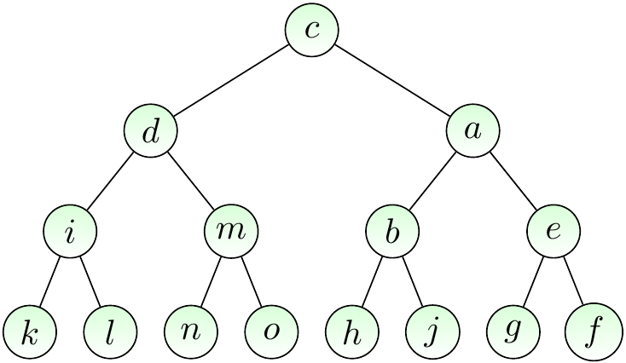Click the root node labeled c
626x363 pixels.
coord(312,31)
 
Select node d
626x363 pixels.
coord(151,131)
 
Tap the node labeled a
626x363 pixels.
coord(473,131)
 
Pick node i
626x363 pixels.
coord(70,232)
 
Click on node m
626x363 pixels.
coord(231,232)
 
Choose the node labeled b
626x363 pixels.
coord(392,232)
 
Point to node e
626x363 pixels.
coord(554,232)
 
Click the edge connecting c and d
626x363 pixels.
coord(231,81)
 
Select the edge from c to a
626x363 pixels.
coord(393,81)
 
